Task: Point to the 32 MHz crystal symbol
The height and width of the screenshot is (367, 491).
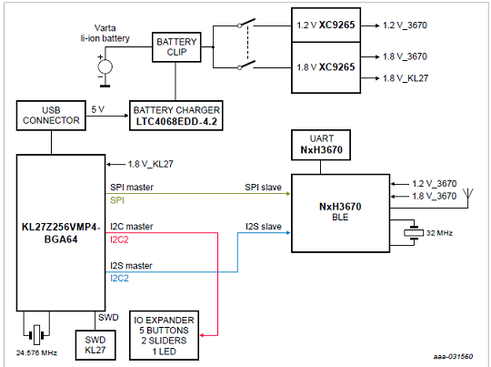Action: pyautogui.click(x=414, y=233)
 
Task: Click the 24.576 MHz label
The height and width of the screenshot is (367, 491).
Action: pyautogui.click(x=36, y=353)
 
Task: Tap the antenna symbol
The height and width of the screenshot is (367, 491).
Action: pyautogui.click(x=468, y=194)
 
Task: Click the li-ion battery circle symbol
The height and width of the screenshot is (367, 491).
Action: pyautogui.click(x=105, y=66)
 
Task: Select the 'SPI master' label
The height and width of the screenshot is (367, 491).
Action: pyautogui.click(x=132, y=188)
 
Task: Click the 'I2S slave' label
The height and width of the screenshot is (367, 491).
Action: pyautogui.click(x=264, y=227)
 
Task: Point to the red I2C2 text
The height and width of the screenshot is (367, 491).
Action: pyautogui.click(x=119, y=240)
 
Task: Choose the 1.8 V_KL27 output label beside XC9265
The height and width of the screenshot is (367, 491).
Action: pyautogui.click(x=406, y=78)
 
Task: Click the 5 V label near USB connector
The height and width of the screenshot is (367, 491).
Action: pyautogui.click(x=97, y=109)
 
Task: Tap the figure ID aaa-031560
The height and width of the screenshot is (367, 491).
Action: pyautogui.click(x=453, y=356)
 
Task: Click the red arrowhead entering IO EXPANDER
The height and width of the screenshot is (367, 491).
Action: pyautogui.click(x=202, y=335)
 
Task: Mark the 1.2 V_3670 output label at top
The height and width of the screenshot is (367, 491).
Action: pyautogui.click(x=405, y=25)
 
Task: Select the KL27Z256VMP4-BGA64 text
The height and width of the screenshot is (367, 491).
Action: pyautogui.click(x=61, y=233)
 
